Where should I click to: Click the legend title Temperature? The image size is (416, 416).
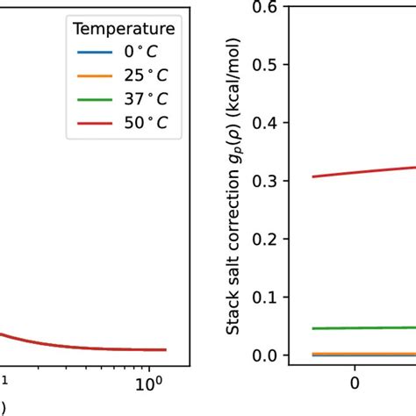(x=124, y=29)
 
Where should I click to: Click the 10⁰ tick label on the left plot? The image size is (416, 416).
(x=149, y=384)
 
